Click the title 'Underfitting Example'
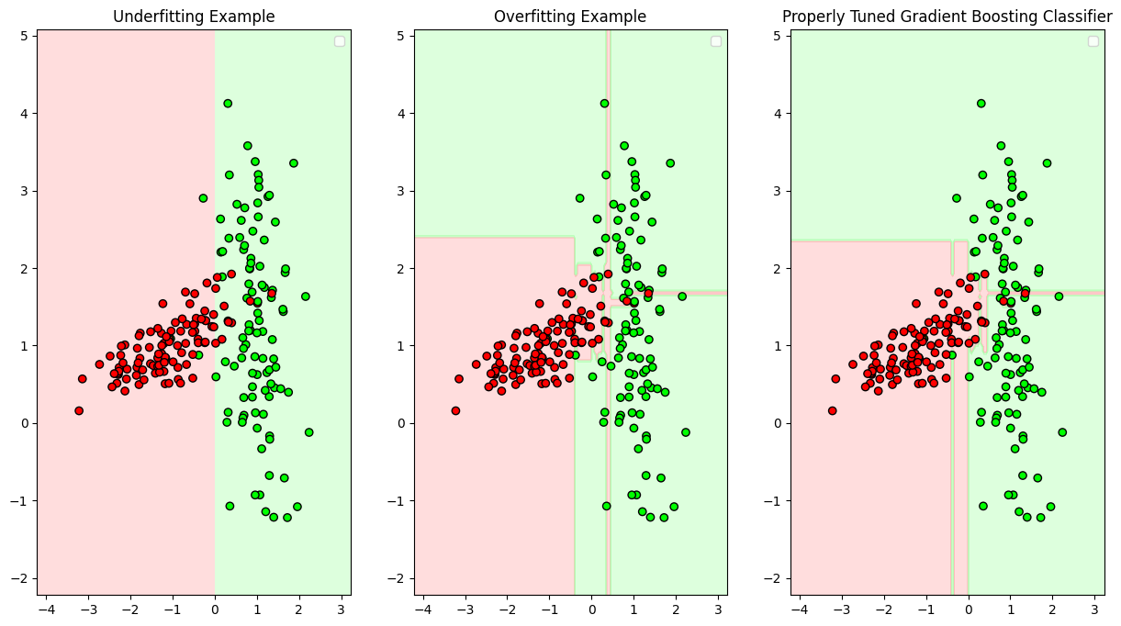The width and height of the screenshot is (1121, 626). point(193,17)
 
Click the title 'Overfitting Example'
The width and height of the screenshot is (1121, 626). point(570,17)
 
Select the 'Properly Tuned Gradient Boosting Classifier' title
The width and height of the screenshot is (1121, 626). point(947,17)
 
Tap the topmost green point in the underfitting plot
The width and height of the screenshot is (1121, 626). point(228,104)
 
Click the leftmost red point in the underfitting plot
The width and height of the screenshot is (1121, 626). point(79,410)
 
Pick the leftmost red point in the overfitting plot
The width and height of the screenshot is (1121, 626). point(455,410)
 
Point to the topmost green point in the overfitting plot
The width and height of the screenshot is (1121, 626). point(604,104)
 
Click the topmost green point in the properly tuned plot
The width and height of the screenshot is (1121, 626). point(981,104)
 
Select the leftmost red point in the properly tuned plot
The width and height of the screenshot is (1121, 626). point(833,410)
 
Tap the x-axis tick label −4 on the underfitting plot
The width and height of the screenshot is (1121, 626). point(43,609)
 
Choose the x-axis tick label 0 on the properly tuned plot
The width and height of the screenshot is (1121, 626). point(968,609)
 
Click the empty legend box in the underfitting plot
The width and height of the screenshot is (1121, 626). point(340,41)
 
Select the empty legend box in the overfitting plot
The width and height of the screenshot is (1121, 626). point(716,41)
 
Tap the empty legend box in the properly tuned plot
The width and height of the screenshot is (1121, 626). point(1093,41)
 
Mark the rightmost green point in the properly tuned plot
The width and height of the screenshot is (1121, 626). point(1062,431)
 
